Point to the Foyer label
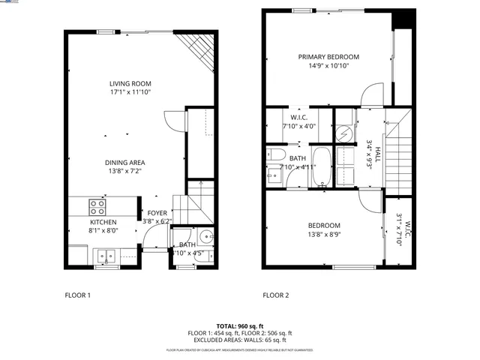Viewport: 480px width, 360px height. (x=157, y=213)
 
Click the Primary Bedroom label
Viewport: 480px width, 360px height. (x=328, y=57)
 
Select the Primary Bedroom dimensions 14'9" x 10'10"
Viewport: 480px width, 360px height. (x=328, y=66)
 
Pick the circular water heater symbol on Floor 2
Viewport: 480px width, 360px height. (x=346, y=133)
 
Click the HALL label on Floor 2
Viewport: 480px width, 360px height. (x=378, y=154)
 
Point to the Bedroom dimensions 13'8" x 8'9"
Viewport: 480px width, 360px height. (x=323, y=235)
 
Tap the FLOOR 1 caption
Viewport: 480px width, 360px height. (x=77, y=295)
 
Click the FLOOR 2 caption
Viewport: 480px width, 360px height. (x=275, y=295)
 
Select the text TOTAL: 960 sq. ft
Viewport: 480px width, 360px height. (x=239, y=326)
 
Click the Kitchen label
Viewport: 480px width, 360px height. (x=103, y=222)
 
